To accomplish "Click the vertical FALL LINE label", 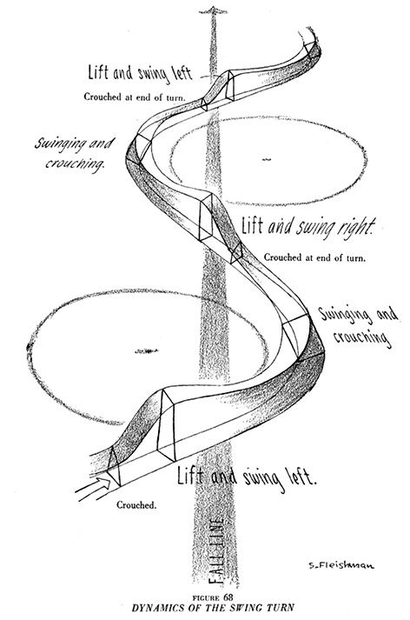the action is pos(216,550).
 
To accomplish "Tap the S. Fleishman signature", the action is pos(341,565).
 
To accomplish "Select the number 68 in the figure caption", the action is pos(228,597).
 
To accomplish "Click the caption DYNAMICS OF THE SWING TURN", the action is pos(213,607).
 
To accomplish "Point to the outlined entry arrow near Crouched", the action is pos(93,489).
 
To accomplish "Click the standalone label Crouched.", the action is pos(136,505).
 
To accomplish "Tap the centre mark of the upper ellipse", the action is pos(267,159).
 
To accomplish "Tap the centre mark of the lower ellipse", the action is pos(146,350).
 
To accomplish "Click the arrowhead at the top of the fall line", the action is pos(214,10).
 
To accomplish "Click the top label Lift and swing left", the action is pos(140,74).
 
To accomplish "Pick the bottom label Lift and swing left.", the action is pos(247,477).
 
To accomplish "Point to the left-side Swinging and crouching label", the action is pos(74,153).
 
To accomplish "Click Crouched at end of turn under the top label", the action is pos(135,97).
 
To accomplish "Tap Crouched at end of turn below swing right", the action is pos(314,257).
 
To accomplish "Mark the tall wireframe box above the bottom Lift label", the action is pos(166,425).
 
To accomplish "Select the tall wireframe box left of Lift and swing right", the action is pos(206,217).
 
